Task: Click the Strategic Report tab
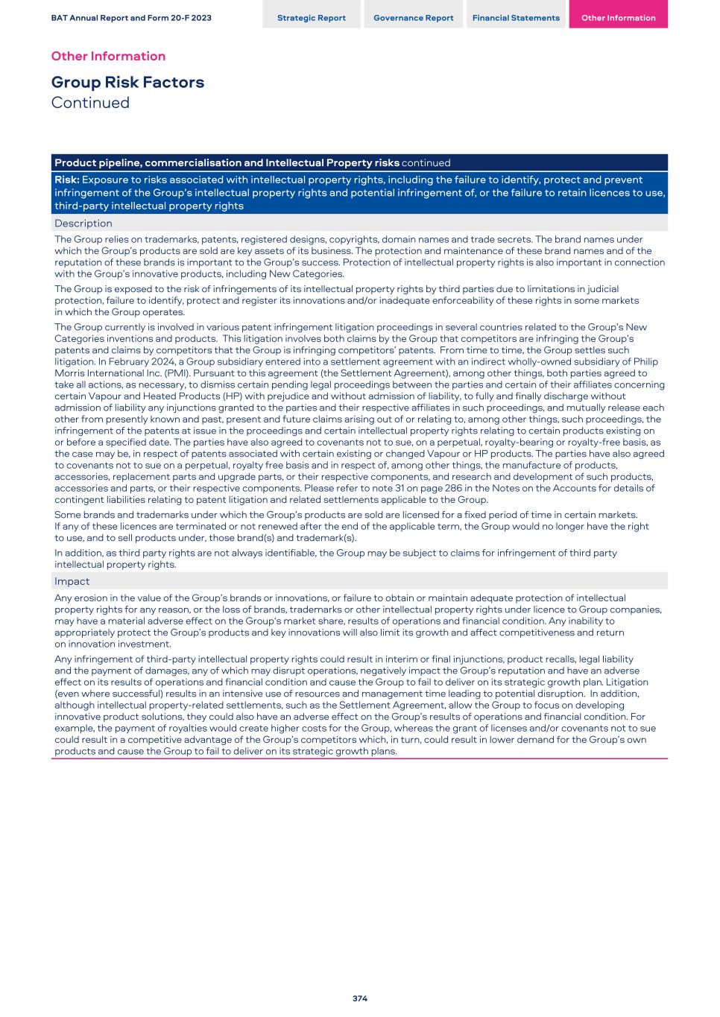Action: (311, 18)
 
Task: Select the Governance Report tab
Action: (413, 18)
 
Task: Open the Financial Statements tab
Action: (516, 18)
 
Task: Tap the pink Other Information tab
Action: (618, 18)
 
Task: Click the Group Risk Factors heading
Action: (127, 82)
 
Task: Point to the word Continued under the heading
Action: (90, 103)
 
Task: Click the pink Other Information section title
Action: (108, 56)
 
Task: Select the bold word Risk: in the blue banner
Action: (67, 180)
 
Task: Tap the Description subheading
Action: (83, 224)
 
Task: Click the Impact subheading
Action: (72, 581)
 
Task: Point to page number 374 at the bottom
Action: (360, 998)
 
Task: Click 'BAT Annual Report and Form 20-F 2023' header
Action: (131, 18)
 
